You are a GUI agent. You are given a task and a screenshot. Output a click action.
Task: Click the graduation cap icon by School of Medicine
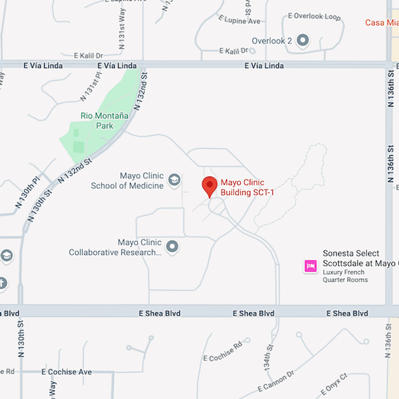pos(174,180)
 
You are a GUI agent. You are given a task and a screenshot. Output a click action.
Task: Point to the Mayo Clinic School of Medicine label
pos(127,181)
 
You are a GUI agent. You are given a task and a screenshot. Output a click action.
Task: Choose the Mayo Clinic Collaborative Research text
pos(115,247)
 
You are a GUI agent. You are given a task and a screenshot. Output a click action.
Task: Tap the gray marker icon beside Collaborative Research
pos(172,247)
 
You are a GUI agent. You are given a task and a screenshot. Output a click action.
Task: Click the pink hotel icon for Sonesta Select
pos(310,266)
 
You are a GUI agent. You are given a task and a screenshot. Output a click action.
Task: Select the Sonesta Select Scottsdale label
pos(359,258)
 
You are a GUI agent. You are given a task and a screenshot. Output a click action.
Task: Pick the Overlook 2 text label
pos(272,40)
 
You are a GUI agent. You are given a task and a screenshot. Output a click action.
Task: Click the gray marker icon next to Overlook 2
pos(303,40)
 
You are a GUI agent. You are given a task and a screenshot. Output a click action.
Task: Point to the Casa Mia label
pos(382,23)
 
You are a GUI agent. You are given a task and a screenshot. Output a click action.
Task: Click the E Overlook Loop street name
pos(314,17)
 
